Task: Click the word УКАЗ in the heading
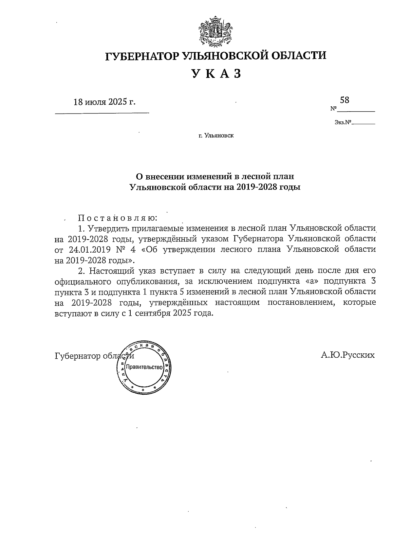pos(216,74)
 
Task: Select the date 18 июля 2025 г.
pos(104,102)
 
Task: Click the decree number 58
pos(345,100)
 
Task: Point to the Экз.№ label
pos(343,123)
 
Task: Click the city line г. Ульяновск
pos(216,135)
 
